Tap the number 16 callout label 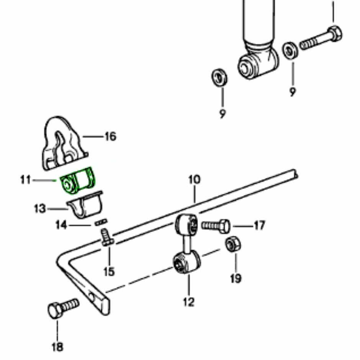point(110,136)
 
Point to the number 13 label point(39,209)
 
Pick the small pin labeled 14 point(101,222)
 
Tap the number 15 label point(109,272)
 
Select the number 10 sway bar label point(194,179)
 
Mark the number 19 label point(236,278)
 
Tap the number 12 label point(188,302)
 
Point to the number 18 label point(57,347)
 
